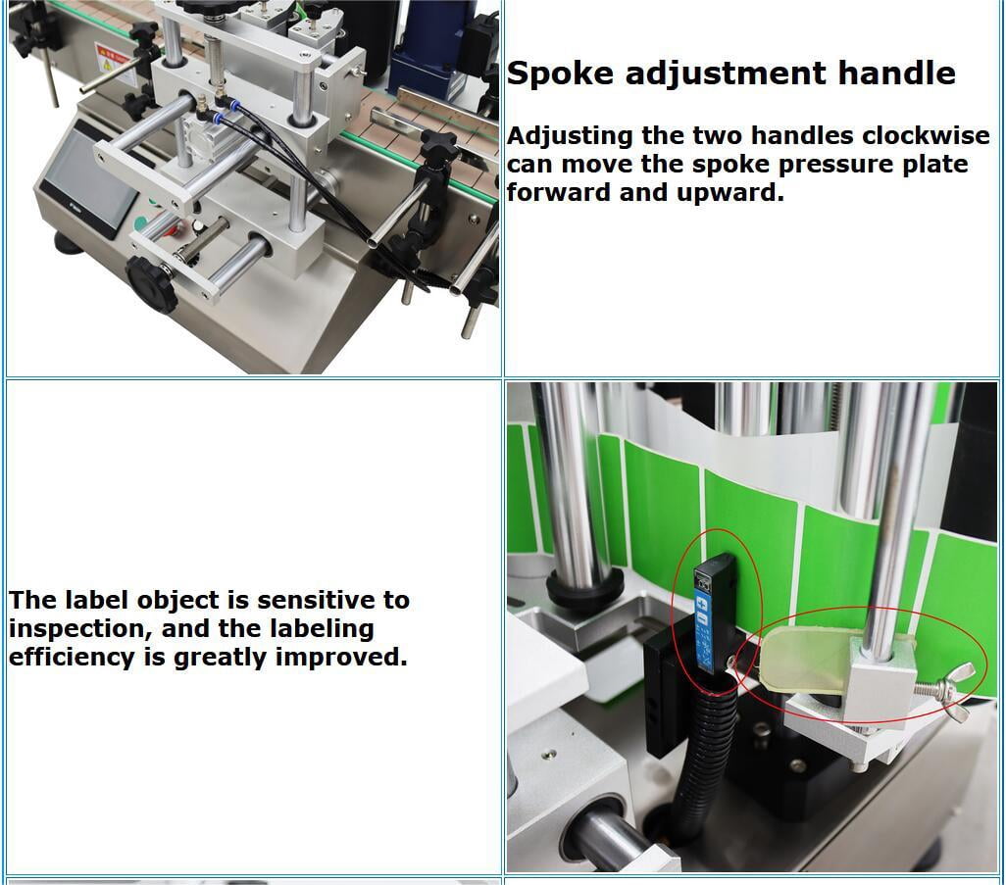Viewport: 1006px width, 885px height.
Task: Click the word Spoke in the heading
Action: pos(560,74)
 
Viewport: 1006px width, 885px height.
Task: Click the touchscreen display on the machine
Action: pos(89,179)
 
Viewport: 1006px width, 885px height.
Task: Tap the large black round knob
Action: pos(151,283)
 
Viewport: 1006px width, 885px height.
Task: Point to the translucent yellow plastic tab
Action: pos(803,654)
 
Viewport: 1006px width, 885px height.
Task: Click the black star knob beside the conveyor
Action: pos(438,148)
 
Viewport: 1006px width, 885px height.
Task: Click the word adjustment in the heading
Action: pos(726,74)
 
